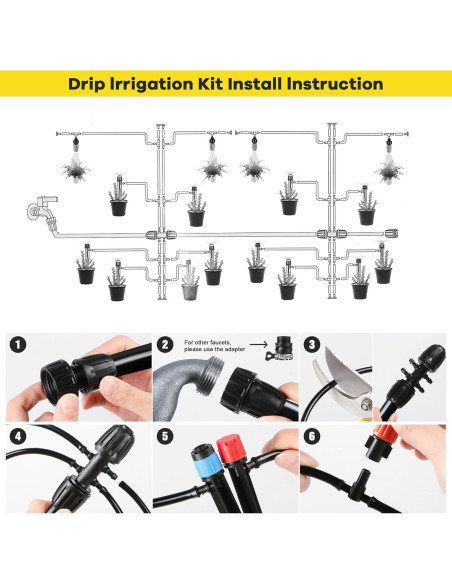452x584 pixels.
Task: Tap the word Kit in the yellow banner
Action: point(215,84)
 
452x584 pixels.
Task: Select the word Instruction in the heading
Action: point(335,84)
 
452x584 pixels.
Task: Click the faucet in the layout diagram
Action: point(42,210)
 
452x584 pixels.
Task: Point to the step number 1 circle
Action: point(18,345)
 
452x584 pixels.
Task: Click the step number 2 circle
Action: point(165,345)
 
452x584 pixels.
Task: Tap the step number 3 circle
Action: point(312,345)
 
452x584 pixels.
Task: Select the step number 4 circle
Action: point(18,436)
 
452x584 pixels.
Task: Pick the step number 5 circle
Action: point(165,436)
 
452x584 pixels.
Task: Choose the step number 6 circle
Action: point(312,436)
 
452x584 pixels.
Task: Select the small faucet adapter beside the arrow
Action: point(279,349)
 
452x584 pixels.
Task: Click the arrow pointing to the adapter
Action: point(258,345)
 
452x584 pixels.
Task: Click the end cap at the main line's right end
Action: point(391,234)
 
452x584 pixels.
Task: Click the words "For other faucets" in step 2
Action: point(207,342)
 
